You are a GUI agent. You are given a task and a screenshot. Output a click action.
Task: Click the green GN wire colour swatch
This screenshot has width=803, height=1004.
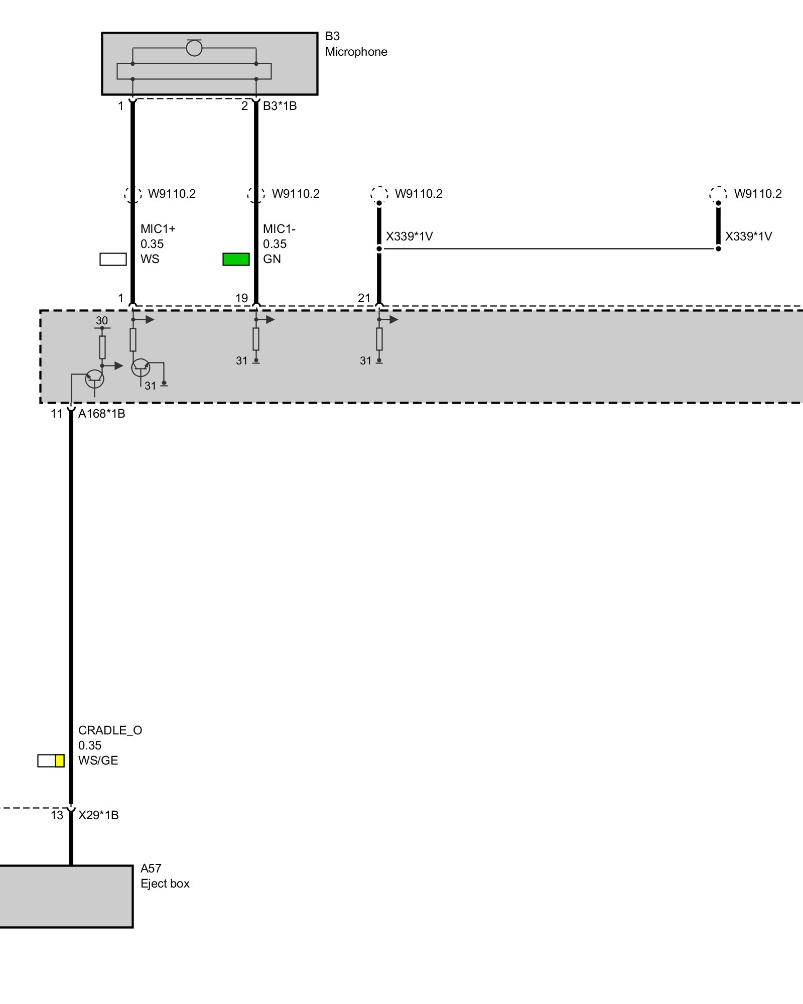[236, 259]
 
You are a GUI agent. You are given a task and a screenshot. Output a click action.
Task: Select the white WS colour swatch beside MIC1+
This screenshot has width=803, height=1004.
[113, 259]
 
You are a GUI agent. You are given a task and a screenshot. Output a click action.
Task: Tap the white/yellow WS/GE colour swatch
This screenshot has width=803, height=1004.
[51, 761]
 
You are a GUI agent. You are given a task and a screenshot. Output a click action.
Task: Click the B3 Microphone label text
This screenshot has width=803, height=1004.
[356, 44]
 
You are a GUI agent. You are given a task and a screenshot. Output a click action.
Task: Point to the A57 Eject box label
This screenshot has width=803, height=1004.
[165, 876]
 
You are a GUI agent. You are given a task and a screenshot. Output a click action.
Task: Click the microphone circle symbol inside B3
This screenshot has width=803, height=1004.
[194, 48]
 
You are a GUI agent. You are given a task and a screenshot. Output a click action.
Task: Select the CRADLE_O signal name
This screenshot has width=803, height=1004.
[110, 730]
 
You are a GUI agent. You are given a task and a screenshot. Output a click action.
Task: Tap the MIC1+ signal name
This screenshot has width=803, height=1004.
[158, 229]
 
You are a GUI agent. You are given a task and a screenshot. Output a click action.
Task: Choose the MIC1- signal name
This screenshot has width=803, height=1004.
[279, 229]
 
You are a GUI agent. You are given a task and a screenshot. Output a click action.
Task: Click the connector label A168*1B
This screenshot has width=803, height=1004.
[101, 414]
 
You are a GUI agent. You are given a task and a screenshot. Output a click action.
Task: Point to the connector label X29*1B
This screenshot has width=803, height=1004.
[98, 815]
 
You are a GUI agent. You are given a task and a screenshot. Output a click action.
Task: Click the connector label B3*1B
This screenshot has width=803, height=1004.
[280, 106]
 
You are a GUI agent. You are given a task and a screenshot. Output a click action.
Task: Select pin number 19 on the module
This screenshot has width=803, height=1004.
[241, 298]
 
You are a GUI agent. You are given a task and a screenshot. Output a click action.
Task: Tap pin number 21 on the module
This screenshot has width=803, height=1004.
[364, 298]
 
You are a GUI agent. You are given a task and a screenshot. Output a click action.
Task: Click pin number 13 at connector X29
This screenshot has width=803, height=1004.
[57, 815]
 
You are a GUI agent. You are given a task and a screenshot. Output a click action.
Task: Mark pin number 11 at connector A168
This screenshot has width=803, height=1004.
[57, 414]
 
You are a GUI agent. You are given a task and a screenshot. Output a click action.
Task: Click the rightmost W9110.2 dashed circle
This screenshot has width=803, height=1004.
[718, 194]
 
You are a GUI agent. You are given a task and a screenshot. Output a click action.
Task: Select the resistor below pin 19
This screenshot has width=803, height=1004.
[256, 339]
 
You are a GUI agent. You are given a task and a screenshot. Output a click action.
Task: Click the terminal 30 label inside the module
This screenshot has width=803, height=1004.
[102, 321]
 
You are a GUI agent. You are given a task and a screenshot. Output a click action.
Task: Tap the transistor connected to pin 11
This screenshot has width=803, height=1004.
[95, 379]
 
